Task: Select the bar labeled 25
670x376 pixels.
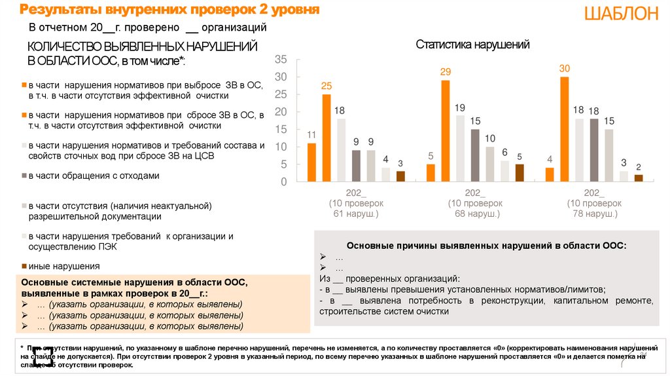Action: pyautogui.click(x=326, y=138)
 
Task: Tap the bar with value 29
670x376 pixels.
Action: pyautogui.click(x=446, y=131)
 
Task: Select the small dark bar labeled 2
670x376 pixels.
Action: pyautogui.click(x=639, y=178)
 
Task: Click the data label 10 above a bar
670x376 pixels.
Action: pyautogui.click(x=489, y=138)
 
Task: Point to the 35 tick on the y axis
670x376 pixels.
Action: pyautogui.click(x=281, y=60)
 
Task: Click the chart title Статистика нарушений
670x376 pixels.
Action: pyautogui.click(x=472, y=45)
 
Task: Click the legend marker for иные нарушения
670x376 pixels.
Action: pyautogui.click(x=24, y=266)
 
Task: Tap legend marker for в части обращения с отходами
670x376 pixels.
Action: pyautogui.click(x=24, y=176)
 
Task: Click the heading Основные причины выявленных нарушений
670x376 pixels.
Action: pyautogui.click(x=486, y=245)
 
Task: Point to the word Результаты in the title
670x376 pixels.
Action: pyautogui.click(x=56, y=10)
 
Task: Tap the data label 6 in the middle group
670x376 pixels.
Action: pyautogui.click(x=504, y=153)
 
